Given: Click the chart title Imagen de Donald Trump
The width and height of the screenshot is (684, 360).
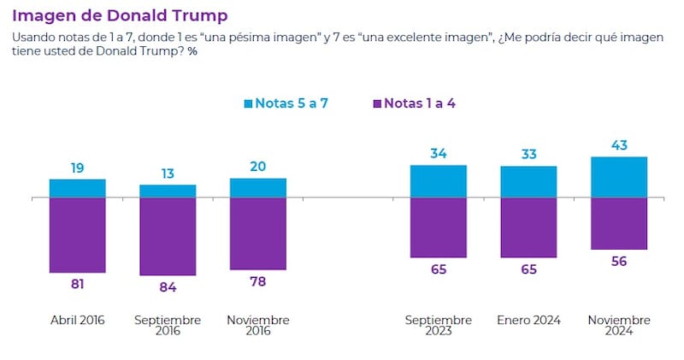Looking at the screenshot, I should point(119,15).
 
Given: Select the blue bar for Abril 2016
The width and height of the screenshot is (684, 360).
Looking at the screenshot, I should point(78,188).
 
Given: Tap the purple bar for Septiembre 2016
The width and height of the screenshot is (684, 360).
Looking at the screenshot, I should point(168,237).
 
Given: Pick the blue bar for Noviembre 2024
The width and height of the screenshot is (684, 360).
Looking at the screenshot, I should point(618,177).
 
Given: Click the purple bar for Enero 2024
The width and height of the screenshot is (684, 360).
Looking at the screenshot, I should point(528,227).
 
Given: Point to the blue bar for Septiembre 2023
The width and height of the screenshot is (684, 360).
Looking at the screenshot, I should point(439,181).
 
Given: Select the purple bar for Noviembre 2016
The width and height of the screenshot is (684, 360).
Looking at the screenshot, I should point(258,234).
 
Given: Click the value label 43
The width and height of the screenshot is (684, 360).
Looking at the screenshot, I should point(618,146).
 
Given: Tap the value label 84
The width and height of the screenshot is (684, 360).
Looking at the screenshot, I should point(168,287).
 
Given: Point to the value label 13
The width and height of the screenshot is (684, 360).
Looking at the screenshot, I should point(168,174).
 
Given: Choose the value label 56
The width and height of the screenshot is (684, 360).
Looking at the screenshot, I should point(618,262).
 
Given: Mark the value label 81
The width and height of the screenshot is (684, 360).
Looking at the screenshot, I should point(78,285).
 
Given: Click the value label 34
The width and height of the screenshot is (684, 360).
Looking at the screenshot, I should point(439,154).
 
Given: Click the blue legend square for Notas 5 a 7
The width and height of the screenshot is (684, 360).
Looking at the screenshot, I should point(249,104).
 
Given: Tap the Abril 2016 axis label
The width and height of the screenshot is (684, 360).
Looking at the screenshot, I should point(78,321).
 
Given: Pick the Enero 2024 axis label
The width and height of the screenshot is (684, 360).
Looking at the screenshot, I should point(528,321).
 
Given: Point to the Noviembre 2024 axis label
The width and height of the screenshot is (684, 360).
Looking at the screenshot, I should point(618,326).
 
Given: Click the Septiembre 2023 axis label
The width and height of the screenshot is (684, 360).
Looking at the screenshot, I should point(439,326).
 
